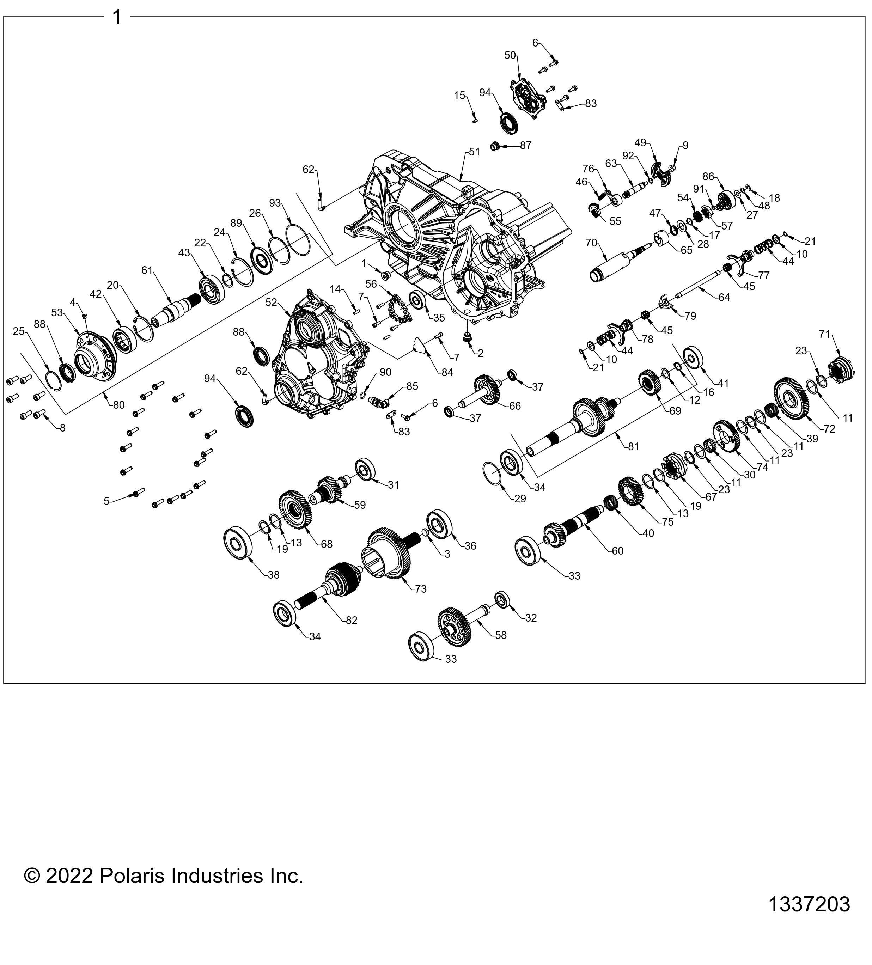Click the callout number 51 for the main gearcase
(x=474, y=152)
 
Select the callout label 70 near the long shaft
(x=592, y=243)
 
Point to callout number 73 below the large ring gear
(x=420, y=589)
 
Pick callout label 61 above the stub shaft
(x=147, y=270)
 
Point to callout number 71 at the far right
(x=824, y=334)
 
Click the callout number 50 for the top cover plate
(x=510, y=55)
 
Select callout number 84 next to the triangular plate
(x=447, y=372)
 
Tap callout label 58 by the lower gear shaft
(x=501, y=635)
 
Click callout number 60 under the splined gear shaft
(x=617, y=551)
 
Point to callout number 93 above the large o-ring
(x=275, y=203)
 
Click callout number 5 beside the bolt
(x=106, y=501)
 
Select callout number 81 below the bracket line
(x=633, y=446)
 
